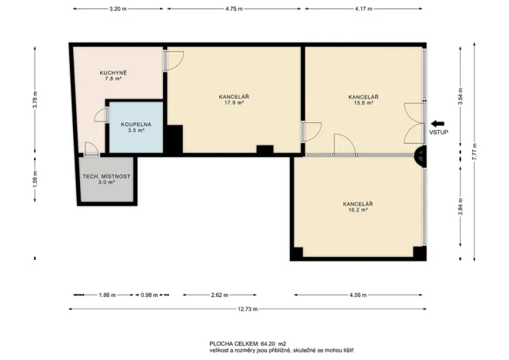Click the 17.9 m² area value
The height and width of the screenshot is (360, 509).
tap(234, 103)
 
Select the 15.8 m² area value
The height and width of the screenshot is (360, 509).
tap(362, 103)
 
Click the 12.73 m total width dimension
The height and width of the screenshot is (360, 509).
tap(246, 309)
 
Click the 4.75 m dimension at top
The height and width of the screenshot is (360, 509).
tap(235, 8)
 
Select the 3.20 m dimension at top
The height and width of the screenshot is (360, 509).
tap(118, 8)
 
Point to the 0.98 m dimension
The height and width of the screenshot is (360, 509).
tap(148, 295)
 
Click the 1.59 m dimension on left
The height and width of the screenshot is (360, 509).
tap(35, 182)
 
